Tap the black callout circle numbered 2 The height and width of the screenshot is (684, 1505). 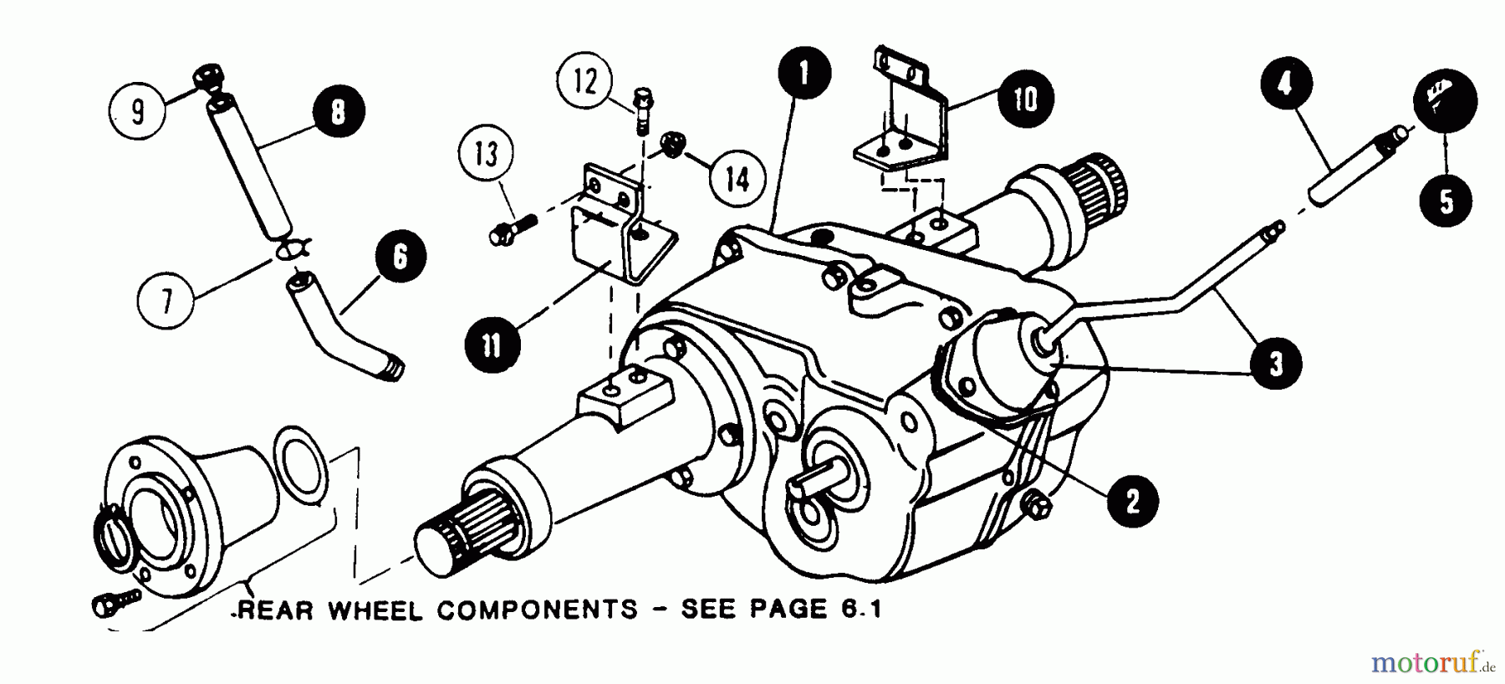1131,501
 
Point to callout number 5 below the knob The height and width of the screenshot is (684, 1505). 1446,202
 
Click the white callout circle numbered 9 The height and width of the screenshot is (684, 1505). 139,111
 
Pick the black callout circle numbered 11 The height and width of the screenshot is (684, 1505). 491,345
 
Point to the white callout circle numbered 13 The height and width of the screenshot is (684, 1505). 486,155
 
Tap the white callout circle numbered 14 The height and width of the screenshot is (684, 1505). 737,179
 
